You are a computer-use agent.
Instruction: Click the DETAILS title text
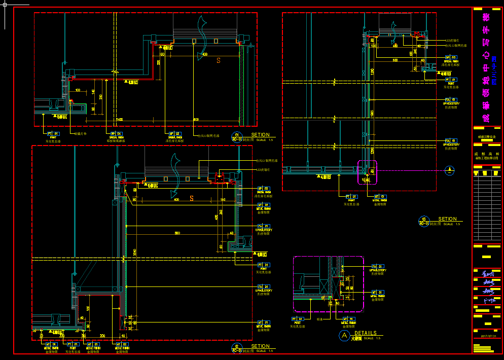tap(365, 333)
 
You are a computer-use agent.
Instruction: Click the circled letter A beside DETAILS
tap(344, 336)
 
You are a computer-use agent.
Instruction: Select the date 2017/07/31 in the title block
tap(487, 336)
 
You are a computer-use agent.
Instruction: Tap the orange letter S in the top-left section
tap(219, 60)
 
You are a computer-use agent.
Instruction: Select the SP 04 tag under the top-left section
tap(115, 133)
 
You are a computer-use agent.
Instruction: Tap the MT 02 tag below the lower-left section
tap(122, 344)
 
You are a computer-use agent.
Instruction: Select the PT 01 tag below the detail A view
tap(298, 319)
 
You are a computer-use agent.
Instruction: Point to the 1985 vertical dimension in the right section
tap(372, 112)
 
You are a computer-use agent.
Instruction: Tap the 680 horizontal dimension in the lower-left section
tap(177, 233)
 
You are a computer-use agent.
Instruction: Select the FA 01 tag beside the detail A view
tap(378, 266)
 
